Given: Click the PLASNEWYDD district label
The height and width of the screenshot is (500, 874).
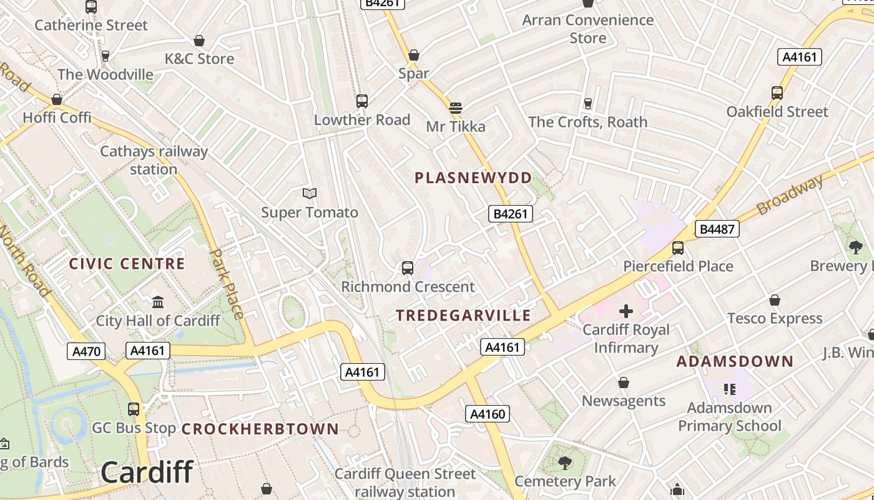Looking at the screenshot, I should tap(473, 178).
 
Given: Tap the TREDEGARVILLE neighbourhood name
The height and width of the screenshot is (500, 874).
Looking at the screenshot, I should tap(463, 316).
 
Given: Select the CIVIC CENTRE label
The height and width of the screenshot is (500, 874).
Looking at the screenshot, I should tap(127, 264).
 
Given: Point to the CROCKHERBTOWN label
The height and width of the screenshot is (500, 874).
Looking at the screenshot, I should tap(260, 429).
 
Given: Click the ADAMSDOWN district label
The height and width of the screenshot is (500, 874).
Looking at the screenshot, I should tap(735, 361).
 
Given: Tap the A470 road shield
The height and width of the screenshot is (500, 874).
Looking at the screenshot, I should tap(86, 351).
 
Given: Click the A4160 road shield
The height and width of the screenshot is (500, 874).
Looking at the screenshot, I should tap(487, 414).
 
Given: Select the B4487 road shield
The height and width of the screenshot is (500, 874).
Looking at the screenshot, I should tap(717, 229).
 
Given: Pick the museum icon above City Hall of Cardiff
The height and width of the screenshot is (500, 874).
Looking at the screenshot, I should tap(158, 302).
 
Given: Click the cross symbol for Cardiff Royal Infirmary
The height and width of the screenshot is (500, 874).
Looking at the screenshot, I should tap(626, 311).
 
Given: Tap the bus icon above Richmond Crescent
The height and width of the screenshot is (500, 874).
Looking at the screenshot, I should tap(408, 268).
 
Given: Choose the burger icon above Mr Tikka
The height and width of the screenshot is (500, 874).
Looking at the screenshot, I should tap(456, 107).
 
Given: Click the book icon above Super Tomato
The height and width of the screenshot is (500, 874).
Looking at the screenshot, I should tap(310, 194).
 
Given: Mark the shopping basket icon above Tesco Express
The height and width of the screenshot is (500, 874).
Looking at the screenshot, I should tap(775, 300).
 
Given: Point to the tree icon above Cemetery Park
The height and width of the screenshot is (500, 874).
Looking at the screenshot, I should tap(565, 463).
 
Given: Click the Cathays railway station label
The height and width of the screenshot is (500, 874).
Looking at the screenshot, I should tap(154, 160).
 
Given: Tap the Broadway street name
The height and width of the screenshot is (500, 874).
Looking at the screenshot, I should tap(790, 195).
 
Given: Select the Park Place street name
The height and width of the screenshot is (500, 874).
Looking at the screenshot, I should tap(227, 284).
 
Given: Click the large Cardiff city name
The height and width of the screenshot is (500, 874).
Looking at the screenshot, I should tap(147, 472).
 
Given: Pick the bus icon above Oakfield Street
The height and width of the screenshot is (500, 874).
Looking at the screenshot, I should tap(777, 93).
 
